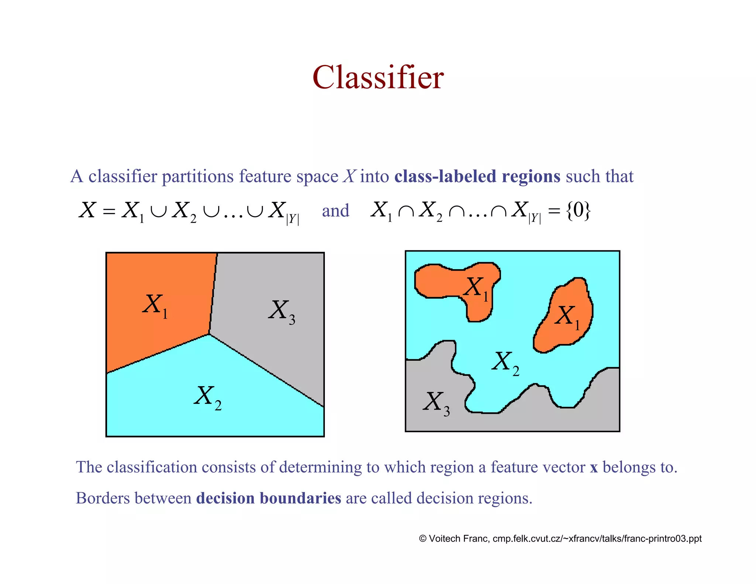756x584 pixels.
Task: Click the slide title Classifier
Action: (378, 78)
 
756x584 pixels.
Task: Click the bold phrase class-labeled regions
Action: (477, 176)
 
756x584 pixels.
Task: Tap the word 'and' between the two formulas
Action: (335, 211)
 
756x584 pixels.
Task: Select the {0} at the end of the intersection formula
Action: (578, 210)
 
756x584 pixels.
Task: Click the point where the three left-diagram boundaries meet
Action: (209, 334)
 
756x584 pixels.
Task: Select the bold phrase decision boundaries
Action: (268, 498)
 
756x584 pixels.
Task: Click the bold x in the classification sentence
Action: (594, 468)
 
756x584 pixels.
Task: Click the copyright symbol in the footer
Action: (423, 539)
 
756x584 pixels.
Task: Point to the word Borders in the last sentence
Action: (102, 498)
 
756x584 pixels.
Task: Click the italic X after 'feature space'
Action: (349, 176)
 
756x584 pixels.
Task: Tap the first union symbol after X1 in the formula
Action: (158, 211)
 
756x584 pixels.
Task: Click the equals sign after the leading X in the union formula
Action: (109, 211)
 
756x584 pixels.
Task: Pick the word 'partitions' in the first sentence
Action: (197, 176)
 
